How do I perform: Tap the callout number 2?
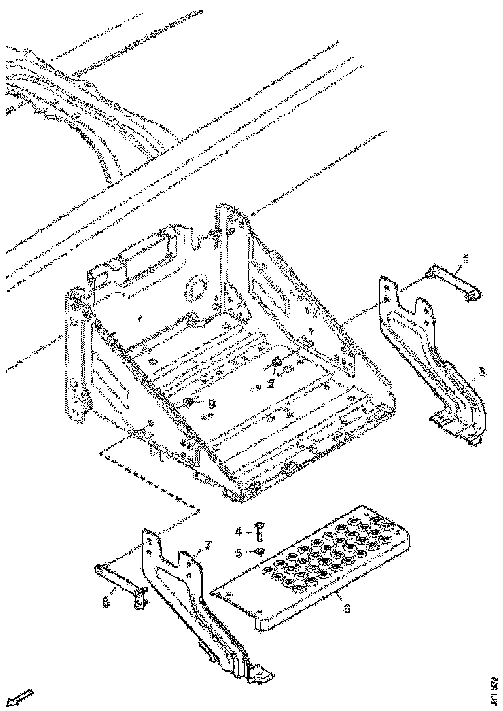[x=272, y=383]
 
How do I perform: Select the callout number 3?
[x=482, y=373]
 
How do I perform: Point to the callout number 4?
[x=238, y=532]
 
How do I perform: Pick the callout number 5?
[x=238, y=553]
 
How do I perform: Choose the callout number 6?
[x=347, y=608]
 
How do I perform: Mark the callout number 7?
[x=206, y=547]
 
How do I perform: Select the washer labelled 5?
[x=258, y=551]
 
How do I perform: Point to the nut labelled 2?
[x=278, y=363]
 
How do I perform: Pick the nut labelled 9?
[x=187, y=403]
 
